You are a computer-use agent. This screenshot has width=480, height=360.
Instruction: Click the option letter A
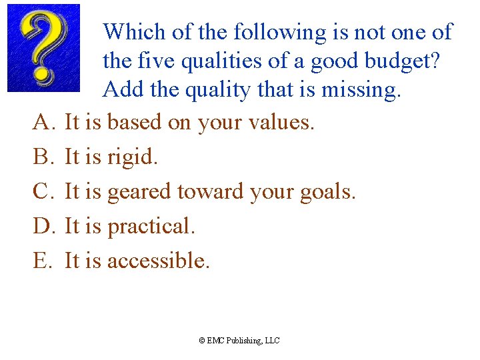point(43,122)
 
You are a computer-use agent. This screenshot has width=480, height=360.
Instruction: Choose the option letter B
point(43,157)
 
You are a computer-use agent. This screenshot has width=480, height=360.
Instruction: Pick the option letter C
point(43,191)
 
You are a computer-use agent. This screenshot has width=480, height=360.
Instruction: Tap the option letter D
point(43,226)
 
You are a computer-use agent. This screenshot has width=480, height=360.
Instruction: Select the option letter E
point(42,261)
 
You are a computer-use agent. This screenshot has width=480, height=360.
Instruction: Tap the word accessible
point(158,261)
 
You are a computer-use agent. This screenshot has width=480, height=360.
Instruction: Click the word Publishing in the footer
point(243,341)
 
